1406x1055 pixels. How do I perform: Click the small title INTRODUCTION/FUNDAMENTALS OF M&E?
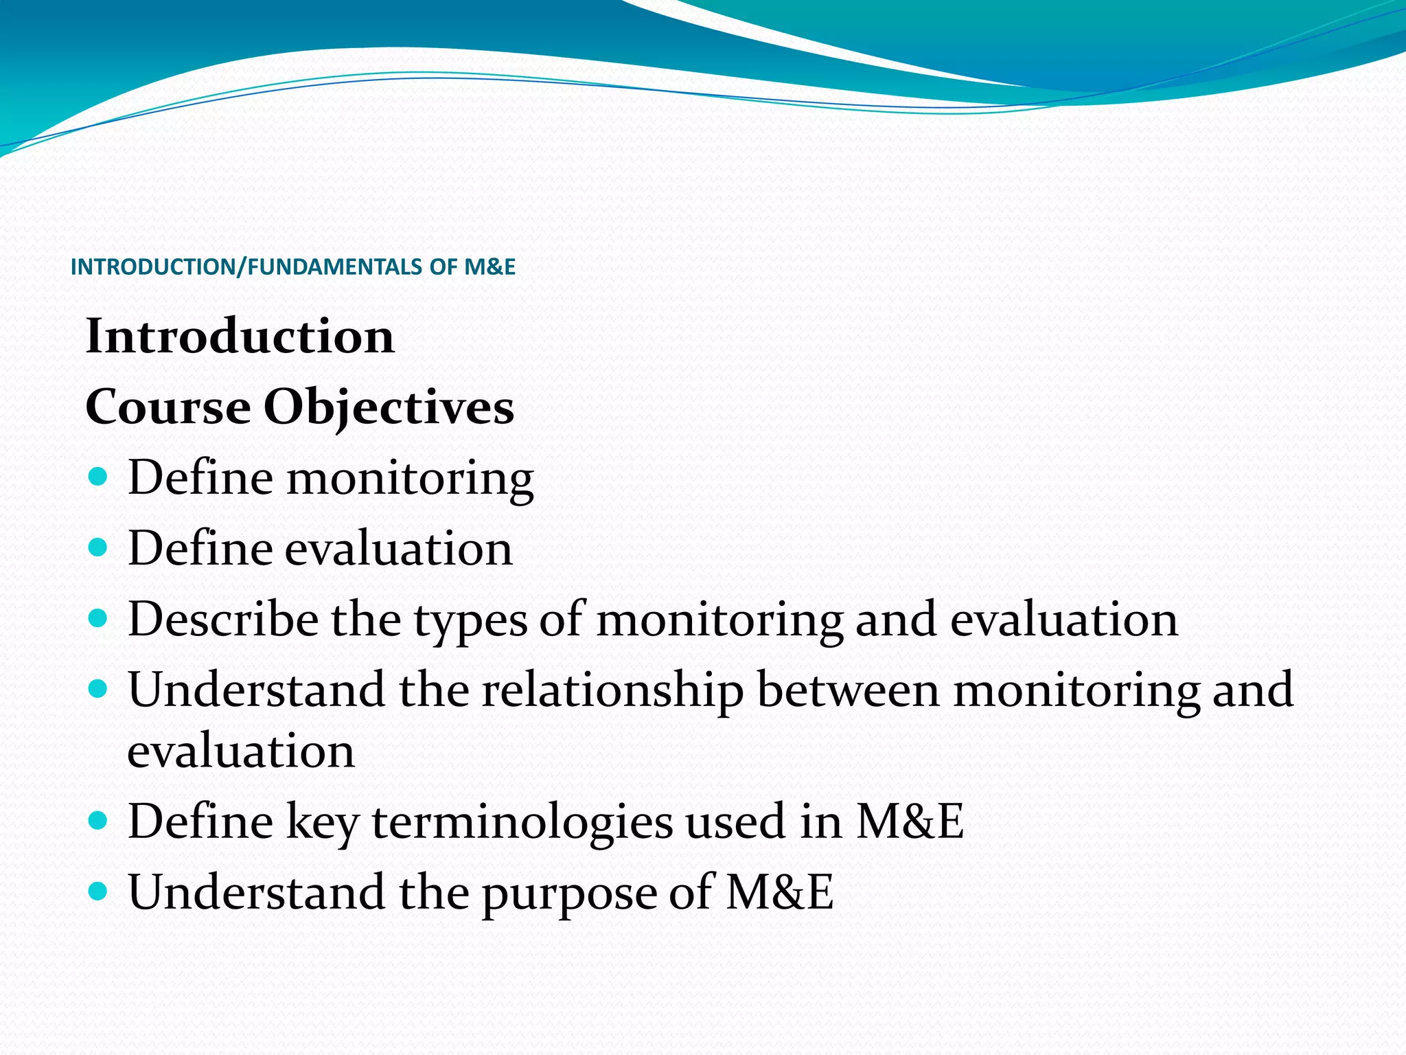[x=292, y=266]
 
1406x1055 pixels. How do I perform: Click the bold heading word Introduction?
[x=240, y=337]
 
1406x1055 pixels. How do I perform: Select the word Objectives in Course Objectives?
[x=389, y=407]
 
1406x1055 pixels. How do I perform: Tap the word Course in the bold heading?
[x=168, y=407]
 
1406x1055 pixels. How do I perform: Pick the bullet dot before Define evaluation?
[x=99, y=547]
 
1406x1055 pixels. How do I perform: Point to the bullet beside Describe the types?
[x=99, y=617]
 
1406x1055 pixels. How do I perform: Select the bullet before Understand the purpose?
[x=99, y=891]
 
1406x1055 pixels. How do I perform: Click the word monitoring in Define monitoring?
[x=410, y=479]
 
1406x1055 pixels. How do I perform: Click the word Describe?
[x=223, y=619]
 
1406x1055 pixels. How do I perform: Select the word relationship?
[x=612, y=690]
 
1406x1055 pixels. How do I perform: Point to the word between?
[x=848, y=690]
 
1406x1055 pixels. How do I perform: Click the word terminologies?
[x=522, y=822]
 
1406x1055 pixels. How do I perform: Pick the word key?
[x=322, y=822]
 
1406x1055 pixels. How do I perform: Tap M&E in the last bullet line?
[x=779, y=892]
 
